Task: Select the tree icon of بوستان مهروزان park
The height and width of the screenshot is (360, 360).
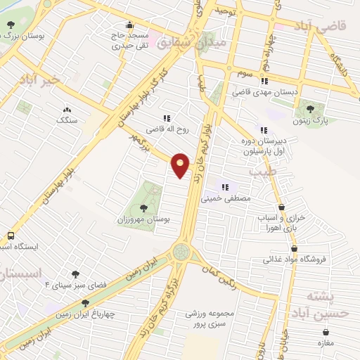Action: (x=143, y=207)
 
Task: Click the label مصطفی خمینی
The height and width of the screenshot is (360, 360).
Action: (x=226, y=200)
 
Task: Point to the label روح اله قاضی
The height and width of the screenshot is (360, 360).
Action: (x=164, y=130)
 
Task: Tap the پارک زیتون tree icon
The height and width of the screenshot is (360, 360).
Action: (x=310, y=109)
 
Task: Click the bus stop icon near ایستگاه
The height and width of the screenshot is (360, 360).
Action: (x=11, y=236)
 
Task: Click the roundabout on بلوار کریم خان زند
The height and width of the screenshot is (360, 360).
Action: (x=181, y=252)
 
